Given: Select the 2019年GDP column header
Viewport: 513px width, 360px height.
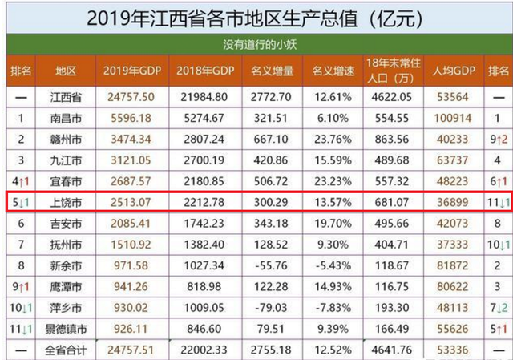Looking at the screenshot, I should pyautogui.click(x=132, y=71).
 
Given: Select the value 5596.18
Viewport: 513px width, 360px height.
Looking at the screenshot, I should pyautogui.click(x=131, y=117).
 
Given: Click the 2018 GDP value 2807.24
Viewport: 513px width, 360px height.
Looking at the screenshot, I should pyautogui.click(x=202, y=139).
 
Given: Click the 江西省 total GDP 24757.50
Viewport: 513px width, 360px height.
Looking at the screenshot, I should pyautogui.click(x=131, y=97).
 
